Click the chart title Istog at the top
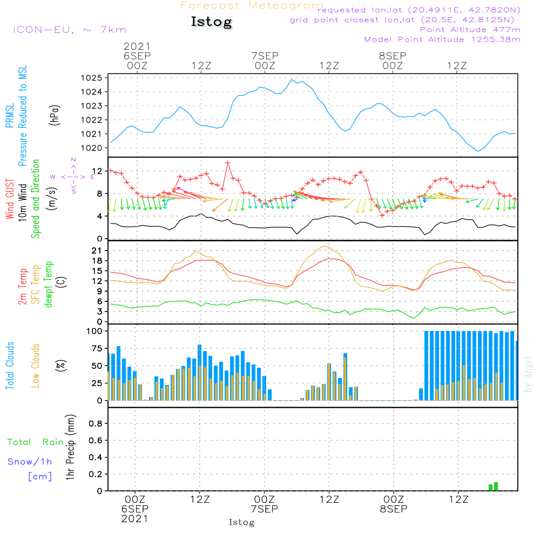pos(211,22)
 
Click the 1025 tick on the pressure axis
pos(92,78)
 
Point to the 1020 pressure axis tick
pos(92,148)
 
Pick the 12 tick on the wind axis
pos(97,171)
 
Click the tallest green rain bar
pos(496,487)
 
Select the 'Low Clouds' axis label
pos(36,366)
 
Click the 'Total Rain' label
pos(36,442)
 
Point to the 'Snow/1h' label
pos(30,462)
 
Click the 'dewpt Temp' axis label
pos(49,285)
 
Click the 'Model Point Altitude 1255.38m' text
pos(442,39)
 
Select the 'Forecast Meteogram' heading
pos(252,5)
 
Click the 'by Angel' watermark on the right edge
pos(529,374)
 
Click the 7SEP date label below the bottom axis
pos(265,509)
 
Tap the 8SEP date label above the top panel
pos(393,56)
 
